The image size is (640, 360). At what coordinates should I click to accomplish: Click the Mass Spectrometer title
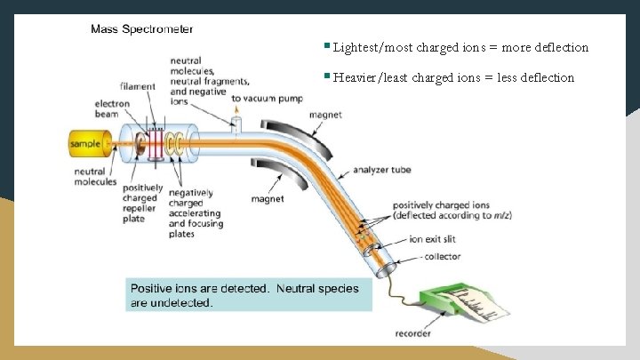(141, 29)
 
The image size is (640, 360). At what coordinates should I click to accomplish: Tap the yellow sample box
(86, 142)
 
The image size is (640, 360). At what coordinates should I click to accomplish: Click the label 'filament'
(139, 86)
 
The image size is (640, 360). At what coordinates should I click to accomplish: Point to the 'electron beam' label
(113, 108)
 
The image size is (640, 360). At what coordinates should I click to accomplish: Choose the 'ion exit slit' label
(435, 240)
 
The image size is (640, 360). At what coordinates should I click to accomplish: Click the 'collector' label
(442, 258)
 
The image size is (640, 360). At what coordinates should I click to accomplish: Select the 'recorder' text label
(413, 334)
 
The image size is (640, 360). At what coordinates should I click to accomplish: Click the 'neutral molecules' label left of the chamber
(95, 177)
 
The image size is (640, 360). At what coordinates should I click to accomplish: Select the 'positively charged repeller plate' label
(142, 204)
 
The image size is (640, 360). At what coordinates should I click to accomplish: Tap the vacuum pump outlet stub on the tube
(237, 124)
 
